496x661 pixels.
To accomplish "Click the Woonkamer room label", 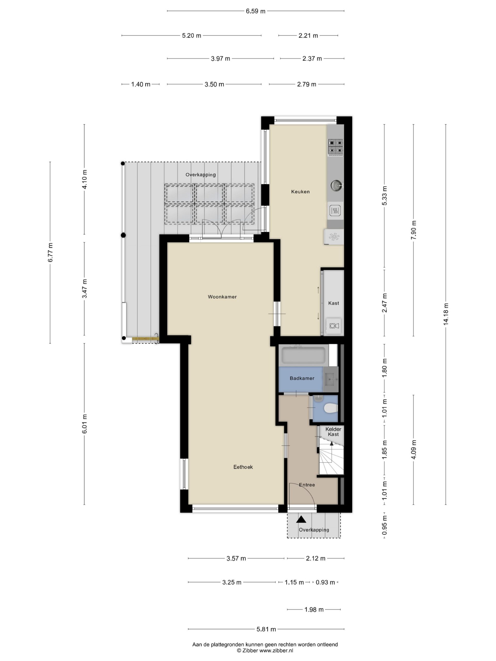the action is [222, 297].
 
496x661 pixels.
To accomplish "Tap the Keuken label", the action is [300, 192].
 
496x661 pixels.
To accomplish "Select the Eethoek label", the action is [243, 467].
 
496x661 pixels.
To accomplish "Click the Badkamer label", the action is [302, 378].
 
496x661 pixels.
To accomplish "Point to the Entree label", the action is [307, 485].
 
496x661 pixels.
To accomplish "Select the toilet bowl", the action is [331, 408].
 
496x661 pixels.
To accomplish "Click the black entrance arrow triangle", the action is [301, 520].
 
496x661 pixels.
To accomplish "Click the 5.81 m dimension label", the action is [266, 629].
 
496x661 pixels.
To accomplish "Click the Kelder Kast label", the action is [333, 432].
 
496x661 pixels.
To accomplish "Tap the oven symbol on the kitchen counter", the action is [335, 211].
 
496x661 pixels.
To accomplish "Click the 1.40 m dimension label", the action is [141, 84].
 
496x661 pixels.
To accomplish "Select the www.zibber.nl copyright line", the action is [265, 650].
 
